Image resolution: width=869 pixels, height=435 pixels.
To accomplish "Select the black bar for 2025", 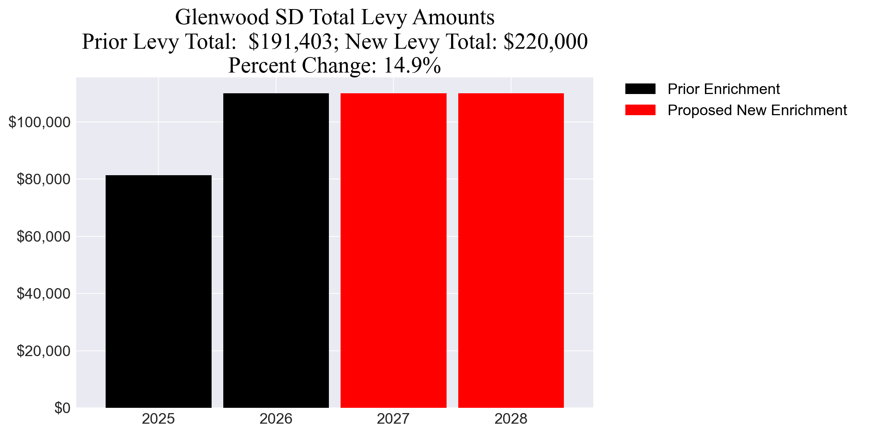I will click(x=158, y=291).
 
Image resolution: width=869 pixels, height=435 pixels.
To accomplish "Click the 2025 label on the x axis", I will click(x=158, y=419).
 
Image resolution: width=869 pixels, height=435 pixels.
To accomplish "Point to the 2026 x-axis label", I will click(x=276, y=419).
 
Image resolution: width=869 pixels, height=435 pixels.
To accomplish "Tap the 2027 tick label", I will click(x=393, y=419).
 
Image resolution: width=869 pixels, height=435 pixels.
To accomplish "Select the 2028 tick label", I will click(x=511, y=419).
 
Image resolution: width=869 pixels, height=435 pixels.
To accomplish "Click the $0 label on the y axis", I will click(x=62, y=408).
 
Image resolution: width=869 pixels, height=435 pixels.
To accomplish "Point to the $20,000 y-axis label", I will click(x=43, y=351).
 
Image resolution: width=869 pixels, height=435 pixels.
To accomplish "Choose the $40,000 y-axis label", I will click(x=43, y=293).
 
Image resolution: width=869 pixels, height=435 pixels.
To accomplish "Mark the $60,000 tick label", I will click(x=43, y=236).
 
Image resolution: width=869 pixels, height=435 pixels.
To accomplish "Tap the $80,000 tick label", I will click(x=43, y=179).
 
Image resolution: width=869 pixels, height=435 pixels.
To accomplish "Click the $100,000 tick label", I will click(x=40, y=122).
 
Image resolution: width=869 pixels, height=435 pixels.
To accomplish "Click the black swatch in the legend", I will click(x=640, y=89).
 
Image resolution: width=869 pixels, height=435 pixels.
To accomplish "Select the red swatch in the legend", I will click(x=640, y=110).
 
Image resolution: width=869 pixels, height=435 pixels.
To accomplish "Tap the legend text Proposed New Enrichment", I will click(x=757, y=110).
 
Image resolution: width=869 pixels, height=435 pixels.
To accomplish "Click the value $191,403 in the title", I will click(x=290, y=42).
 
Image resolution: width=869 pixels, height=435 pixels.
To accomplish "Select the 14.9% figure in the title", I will click(x=412, y=65).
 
